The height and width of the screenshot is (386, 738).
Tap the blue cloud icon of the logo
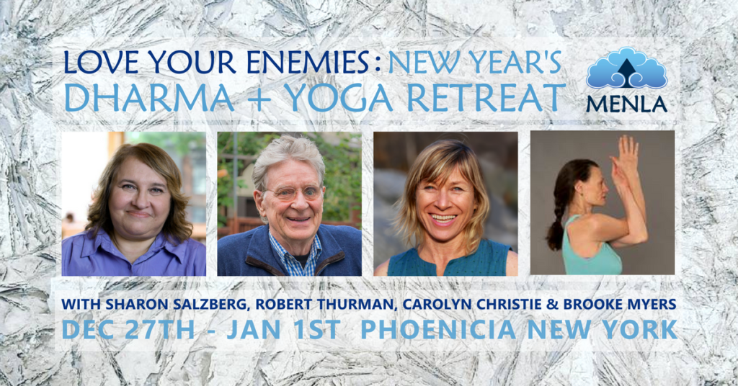626,69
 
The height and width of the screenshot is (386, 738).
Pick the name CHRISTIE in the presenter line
473,305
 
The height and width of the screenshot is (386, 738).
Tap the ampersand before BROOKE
529,305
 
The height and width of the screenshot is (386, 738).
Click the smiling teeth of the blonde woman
443,216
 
